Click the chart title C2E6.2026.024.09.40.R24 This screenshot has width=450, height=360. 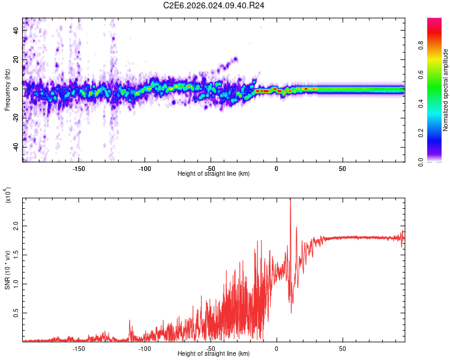click(x=214, y=5)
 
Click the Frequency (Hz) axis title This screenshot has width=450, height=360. click(x=8, y=90)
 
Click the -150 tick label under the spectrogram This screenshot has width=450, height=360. click(x=79, y=168)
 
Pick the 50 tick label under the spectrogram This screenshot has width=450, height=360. click(x=342, y=168)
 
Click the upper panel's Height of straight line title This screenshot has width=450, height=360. click(x=214, y=174)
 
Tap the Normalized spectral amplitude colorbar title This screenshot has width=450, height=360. click(x=446, y=90)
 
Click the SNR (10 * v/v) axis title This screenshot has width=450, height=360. click(x=8, y=270)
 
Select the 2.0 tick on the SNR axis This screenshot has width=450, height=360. click(x=15, y=227)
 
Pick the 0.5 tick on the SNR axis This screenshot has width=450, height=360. click(x=15, y=313)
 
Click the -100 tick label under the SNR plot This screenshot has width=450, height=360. click(x=144, y=348)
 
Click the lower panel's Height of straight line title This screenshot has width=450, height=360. click(x=214, y=354)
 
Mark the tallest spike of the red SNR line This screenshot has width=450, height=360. click(x=290, y=200)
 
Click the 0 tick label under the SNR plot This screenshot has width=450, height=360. click(x=277, y=348)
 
